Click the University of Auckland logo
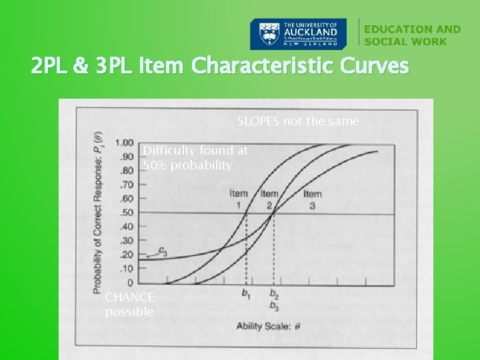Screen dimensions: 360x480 coord(298,34)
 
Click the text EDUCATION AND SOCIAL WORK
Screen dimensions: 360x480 coord(412,35)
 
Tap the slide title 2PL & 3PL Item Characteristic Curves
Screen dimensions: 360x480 coord(219,67)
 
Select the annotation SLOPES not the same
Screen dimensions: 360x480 coord(298,121)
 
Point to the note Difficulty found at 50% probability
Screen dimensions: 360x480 coord(195,158)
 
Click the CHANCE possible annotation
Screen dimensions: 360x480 coord(129,304)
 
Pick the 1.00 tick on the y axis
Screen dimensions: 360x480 coord(124,143)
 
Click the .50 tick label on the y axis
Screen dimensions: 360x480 coord(126,213)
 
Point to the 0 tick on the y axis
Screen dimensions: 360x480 coord(130,283)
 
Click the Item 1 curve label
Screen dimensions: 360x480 coord(239,199)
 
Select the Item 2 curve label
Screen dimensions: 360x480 coord(269,199)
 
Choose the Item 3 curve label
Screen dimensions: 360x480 coord(312,199)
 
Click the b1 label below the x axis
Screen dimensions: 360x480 coord(245,294)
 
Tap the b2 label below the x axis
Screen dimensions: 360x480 coord(275,294)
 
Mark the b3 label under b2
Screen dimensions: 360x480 coord(275,306)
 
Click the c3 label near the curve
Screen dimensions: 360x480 coord(162,251)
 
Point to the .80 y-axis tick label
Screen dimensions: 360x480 coord(126,171)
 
